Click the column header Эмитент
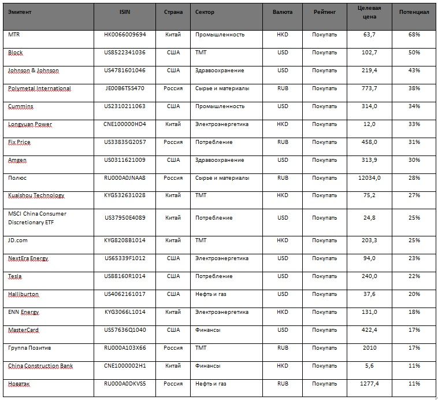(x=20, y=12)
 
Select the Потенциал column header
(x=413, y=12)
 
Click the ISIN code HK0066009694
(x=125, y=35)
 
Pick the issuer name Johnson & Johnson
(x=33, y=71)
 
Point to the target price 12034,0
(x=368, y=178)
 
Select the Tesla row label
(x=15, y=276)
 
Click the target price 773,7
(x=368, y=88)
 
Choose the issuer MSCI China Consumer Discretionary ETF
(x=37, y=218)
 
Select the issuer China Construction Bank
(x=40, y=366)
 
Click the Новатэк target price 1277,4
(x=368, y=384)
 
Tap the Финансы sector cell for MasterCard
(x=206, y=330)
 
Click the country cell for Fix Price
(x=173, y=142)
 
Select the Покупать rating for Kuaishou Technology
(x=324, y=196)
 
